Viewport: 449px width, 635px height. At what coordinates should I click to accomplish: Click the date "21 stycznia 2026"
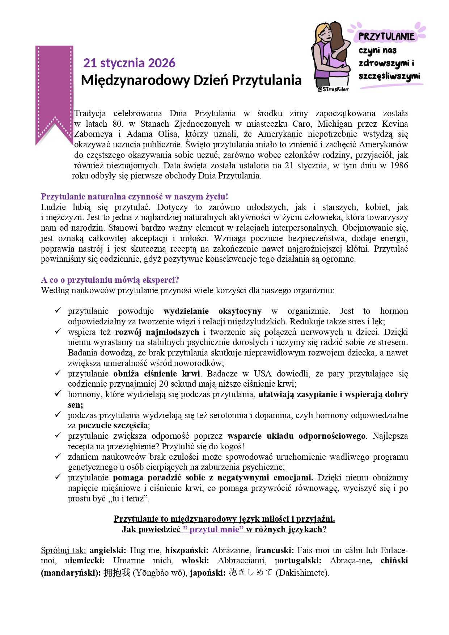(x=129, y=63)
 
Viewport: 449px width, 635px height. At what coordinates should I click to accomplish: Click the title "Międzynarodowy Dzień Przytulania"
(x=191, y=80)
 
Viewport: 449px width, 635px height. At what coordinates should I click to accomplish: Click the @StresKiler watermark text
(x=333, y=89)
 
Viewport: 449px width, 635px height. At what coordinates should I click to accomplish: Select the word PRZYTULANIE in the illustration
(x=386, y=36)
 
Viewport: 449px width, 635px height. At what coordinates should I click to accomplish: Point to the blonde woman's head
(x=323, y=33)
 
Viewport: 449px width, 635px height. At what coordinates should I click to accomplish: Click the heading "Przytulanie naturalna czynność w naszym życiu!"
(x=134, y=197)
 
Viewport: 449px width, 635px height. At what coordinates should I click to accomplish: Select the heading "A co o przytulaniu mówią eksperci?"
(x=110, y=280)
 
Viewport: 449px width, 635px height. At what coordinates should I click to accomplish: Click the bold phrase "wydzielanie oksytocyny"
(x=212, y=311)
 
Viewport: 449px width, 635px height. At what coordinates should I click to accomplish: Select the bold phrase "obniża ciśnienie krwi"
(x=157, y=374)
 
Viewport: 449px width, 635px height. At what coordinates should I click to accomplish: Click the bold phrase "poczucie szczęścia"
(x=113, y=425)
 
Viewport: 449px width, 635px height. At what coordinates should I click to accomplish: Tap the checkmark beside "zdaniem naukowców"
(x=58, y=456)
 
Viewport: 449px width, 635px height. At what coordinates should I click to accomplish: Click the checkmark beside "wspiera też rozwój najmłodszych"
(x=58, y=331)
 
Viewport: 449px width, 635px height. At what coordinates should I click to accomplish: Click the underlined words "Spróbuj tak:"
(x=63, y=550)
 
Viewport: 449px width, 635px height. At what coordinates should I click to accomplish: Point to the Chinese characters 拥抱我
(x=117, y=573)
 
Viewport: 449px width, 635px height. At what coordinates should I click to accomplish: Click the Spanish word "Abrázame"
(x=231, y=550)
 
